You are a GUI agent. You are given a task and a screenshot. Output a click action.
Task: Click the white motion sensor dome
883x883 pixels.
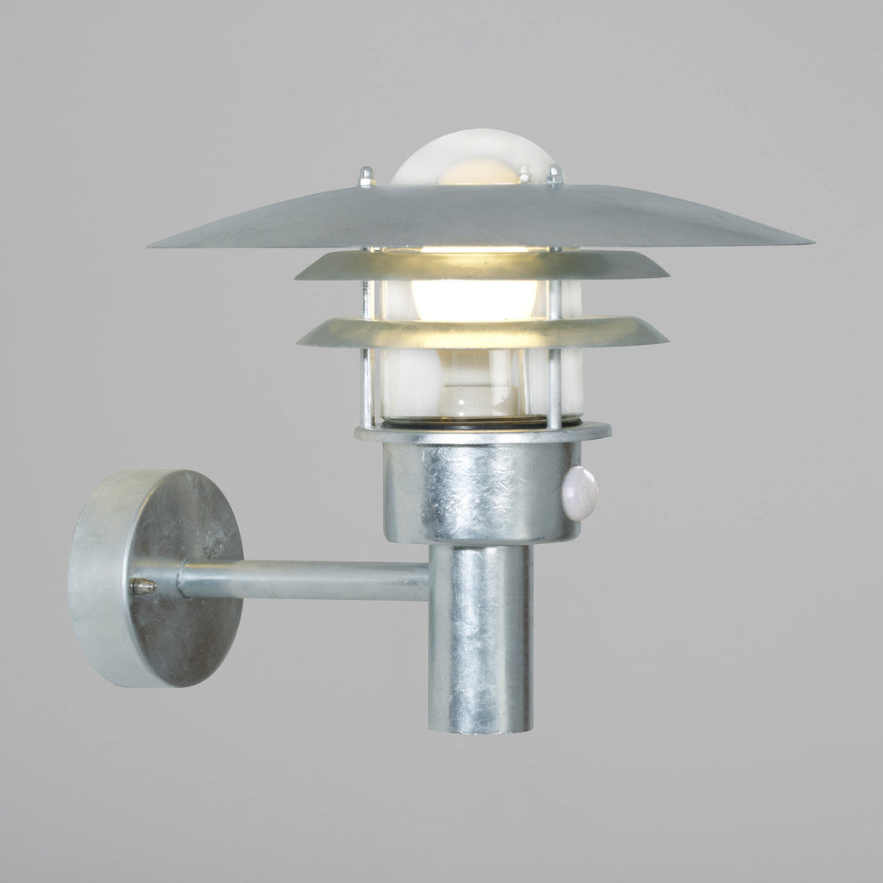tap(580, 492)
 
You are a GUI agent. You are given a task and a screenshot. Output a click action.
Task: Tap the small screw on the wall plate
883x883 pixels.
tap(142, 586)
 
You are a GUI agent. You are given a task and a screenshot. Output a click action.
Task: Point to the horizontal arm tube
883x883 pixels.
tap(302, 579)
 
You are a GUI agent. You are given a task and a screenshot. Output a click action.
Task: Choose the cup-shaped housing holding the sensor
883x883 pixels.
tap(470, 492)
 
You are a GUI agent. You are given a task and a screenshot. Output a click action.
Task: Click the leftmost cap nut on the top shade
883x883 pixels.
tap(366, 178)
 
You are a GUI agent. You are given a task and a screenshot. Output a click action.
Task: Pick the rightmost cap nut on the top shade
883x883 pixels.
tap(554, 178)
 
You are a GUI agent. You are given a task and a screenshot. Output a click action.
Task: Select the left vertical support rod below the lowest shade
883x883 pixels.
tap(368, 388)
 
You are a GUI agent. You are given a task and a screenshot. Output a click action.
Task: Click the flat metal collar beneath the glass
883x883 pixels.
tap(483, 434)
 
